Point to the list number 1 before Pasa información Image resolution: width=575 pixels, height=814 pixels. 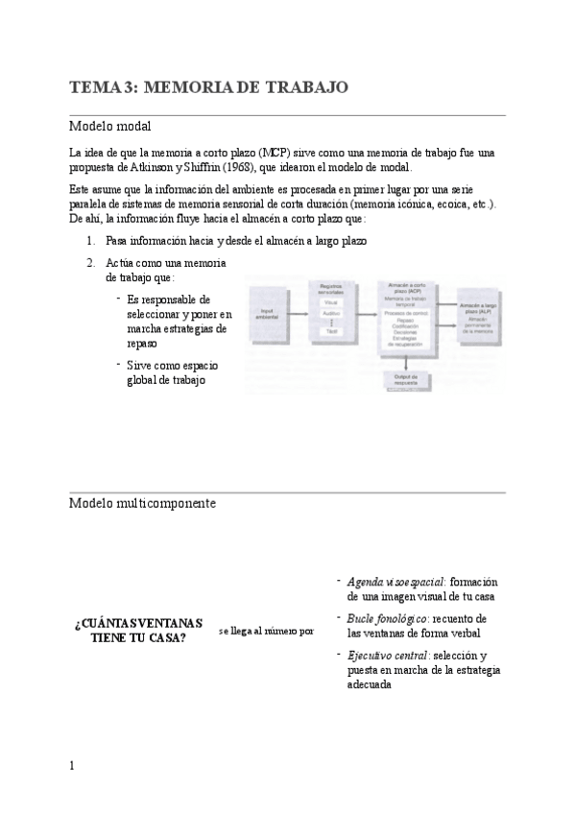click(x=90, y=242)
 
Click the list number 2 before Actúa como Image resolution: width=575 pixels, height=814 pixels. click(x=90, y=263)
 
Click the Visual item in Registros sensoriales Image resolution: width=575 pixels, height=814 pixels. click(x=331, y=301)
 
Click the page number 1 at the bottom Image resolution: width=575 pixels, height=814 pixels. click(x=72, y=766)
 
